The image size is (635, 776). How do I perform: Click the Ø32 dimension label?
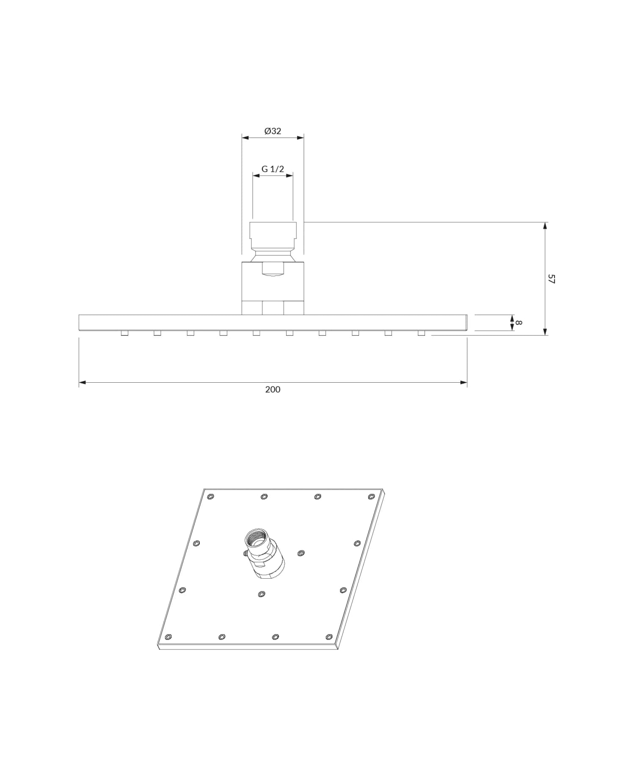click(273, 131)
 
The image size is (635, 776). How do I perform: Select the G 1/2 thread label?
click(273, 169)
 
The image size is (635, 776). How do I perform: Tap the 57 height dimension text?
click(551, 279)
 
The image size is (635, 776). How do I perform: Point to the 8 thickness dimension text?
click(519, 323)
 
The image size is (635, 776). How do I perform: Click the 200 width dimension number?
click(273, 389)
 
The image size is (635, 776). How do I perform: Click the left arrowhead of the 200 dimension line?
click(82, 382)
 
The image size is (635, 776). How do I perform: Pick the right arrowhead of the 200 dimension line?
click(464, 382)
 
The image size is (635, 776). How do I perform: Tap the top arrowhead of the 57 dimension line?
click(545, 225)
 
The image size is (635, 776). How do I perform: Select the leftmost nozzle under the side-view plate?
click(124, 333)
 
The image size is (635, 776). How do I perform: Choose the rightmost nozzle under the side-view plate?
click(421, 333)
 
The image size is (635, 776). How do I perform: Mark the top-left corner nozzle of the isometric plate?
click(211, 496)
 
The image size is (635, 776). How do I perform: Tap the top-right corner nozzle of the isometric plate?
click(371, 496)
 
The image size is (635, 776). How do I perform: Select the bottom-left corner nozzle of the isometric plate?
click(168, 637)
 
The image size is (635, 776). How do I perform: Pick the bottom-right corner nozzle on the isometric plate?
click(329, 637)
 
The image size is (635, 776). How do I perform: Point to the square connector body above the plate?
click(273, 282)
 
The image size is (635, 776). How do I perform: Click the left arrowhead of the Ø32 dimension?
click(245, 137)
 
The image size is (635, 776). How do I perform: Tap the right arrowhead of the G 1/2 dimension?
click(290, 175)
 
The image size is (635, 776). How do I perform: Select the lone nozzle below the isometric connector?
click(261, 594)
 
